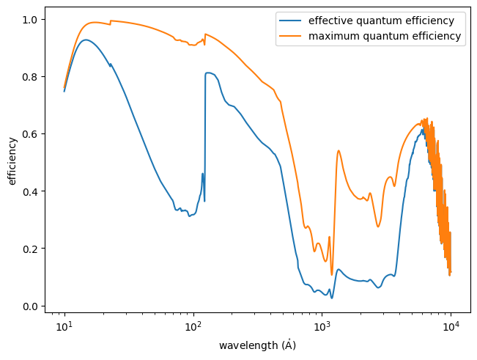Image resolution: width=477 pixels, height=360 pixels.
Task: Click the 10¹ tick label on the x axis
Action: pyautogui.click(x=64, y=327)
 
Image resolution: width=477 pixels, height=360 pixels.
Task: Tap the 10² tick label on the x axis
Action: pyautogui.click(x=193, y=327)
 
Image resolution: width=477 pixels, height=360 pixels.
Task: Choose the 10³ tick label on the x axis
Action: pyautogui.click(x=322, y=327)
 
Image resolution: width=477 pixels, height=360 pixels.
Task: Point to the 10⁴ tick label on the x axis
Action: pyautogui.click(x=450, y=327)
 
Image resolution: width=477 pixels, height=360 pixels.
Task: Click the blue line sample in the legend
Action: pyautogui.click(x=290, y=20)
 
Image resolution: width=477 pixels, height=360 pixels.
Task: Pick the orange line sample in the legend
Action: pyautogui.click(x=290, y=35)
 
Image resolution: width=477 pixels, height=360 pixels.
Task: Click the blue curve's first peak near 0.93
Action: pyautogui.click(x=86, y=40)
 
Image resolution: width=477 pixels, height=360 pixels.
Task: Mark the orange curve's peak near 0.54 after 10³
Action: pyautogui.click(x=339, y=150)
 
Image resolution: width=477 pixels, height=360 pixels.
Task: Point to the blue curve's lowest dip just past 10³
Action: pyautogui.click(x=332, y=298)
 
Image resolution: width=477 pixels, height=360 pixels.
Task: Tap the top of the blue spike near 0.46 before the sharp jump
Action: pyautogui.click(x=203, y=174)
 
